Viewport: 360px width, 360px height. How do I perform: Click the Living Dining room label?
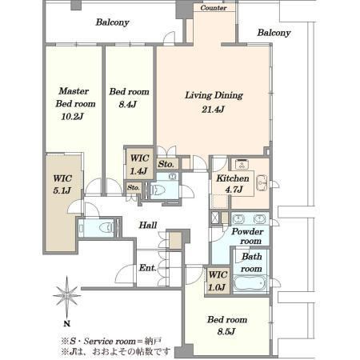point(214,95)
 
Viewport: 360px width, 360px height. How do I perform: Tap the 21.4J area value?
point(213,110)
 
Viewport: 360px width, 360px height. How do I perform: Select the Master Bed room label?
point(75,98)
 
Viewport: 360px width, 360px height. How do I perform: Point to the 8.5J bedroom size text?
point(226,331)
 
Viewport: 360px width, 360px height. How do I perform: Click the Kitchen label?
point(233,178)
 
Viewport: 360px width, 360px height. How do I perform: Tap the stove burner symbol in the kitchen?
point(242,165)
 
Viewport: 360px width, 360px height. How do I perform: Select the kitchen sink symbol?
point(262,183)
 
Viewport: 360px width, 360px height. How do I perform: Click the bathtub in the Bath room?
point(250,284)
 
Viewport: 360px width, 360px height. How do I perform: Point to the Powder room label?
point(247,236)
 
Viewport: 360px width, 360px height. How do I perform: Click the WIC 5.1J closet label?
point(62,184)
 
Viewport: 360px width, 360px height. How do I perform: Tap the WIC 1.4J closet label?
point(139,164)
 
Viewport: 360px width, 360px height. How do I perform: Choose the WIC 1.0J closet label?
point(218,281)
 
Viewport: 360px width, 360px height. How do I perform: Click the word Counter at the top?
point(214,8)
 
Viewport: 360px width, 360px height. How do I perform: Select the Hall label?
point(148,225)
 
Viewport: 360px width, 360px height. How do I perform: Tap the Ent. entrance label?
point(147,267)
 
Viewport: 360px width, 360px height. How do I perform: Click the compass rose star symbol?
point(67,296)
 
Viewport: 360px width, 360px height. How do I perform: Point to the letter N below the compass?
point(67,324)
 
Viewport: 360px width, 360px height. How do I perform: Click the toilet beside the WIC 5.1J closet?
point(106,228)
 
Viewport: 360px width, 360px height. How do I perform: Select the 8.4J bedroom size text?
point(128,104)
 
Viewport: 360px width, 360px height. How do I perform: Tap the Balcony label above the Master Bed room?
point(112,22)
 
